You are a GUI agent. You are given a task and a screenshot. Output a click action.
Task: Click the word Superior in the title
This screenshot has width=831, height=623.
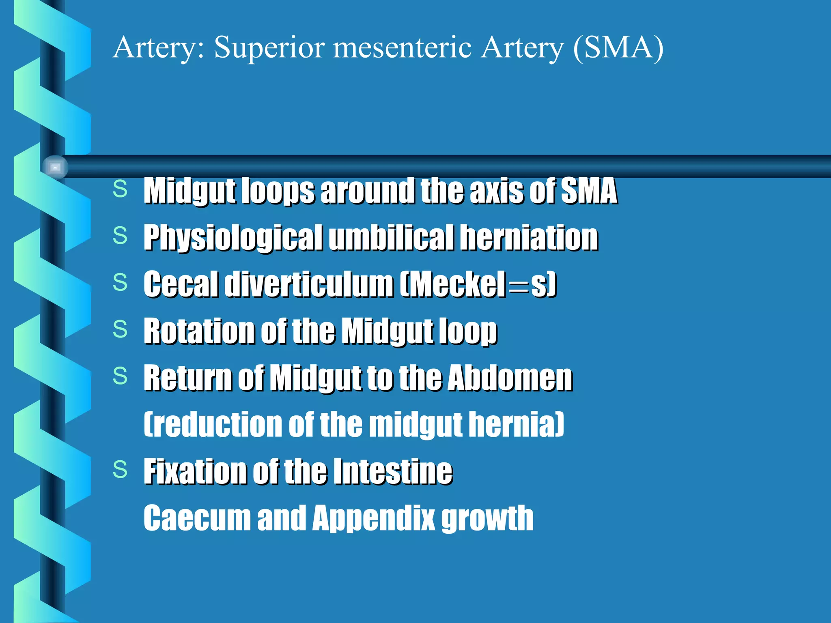[x=269, y=47]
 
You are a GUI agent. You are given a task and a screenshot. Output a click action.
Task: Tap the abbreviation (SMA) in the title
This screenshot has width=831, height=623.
[x=618, y=47]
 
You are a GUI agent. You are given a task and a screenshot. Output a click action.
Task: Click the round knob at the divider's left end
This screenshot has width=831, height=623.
[x=55, y=167]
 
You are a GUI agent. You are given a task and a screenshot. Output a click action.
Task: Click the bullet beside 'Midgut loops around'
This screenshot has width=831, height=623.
[x=120, y=189]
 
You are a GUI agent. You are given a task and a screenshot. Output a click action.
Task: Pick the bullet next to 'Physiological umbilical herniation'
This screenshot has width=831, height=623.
[x=120, y=236]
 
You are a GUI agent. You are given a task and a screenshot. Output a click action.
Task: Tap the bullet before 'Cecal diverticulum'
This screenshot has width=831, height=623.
[x=120, y=282]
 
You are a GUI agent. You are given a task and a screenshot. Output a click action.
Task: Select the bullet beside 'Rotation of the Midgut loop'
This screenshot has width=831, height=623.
[x=120, y=329]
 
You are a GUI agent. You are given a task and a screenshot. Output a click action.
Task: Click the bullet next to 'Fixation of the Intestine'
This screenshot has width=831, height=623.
[x=120, y=470]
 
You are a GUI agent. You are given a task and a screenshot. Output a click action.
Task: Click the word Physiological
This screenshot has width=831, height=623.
[x=233, y=238]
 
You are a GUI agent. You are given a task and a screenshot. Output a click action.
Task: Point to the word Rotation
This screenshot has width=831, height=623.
[x=199, y=331]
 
